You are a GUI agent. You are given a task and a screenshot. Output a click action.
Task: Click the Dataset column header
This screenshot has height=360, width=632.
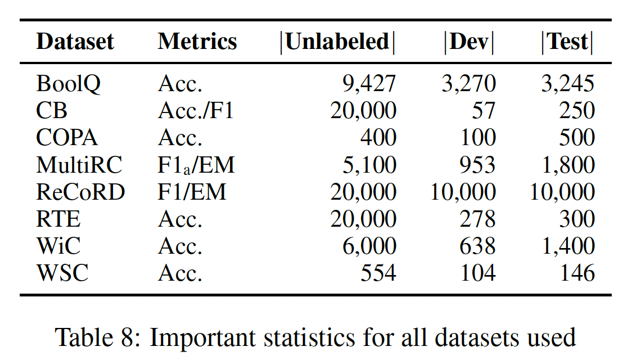[x=75, y=42]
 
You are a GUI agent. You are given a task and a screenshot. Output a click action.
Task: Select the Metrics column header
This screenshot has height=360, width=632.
[x=197, y=42]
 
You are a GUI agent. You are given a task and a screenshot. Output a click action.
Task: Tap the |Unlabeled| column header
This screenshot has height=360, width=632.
[x=337, y=42]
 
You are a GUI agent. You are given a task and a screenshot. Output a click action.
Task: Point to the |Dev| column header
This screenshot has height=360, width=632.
[x=469, y=42]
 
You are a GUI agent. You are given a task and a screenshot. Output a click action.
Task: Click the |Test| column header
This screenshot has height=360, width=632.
[x=567, y=42]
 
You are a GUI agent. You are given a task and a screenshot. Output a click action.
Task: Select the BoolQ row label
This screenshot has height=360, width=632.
[x=69, y=84]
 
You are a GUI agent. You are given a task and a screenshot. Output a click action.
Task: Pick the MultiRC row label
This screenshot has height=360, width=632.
[x=79, y=165]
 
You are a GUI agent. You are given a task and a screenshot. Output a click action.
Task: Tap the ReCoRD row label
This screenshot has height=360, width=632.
[x=80, y=192]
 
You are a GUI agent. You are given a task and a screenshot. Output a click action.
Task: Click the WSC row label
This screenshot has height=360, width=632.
[x=62, y=273]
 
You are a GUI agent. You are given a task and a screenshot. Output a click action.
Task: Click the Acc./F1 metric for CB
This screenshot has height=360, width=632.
[x=196, y=111]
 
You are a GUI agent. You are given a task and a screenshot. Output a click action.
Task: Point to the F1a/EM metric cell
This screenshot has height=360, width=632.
[x=196, y=165]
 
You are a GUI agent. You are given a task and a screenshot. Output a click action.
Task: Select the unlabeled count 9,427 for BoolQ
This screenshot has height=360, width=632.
[x=369, y=84]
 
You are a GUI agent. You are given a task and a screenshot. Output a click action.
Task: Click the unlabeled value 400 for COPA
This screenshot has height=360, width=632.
[x=379, y=138]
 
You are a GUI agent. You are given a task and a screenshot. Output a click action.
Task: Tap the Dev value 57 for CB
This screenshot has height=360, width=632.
[x=484, y=111]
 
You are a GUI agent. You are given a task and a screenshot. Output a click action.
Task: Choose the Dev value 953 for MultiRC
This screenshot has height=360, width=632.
[x=477, y=165]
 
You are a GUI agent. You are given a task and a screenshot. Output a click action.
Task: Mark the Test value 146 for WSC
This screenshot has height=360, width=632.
[x=577, y=273]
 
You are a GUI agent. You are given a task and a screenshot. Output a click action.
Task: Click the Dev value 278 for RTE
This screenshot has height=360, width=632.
[x=477, y=219]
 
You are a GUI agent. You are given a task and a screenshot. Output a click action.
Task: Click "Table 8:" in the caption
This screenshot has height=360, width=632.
[x=97, y=337]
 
